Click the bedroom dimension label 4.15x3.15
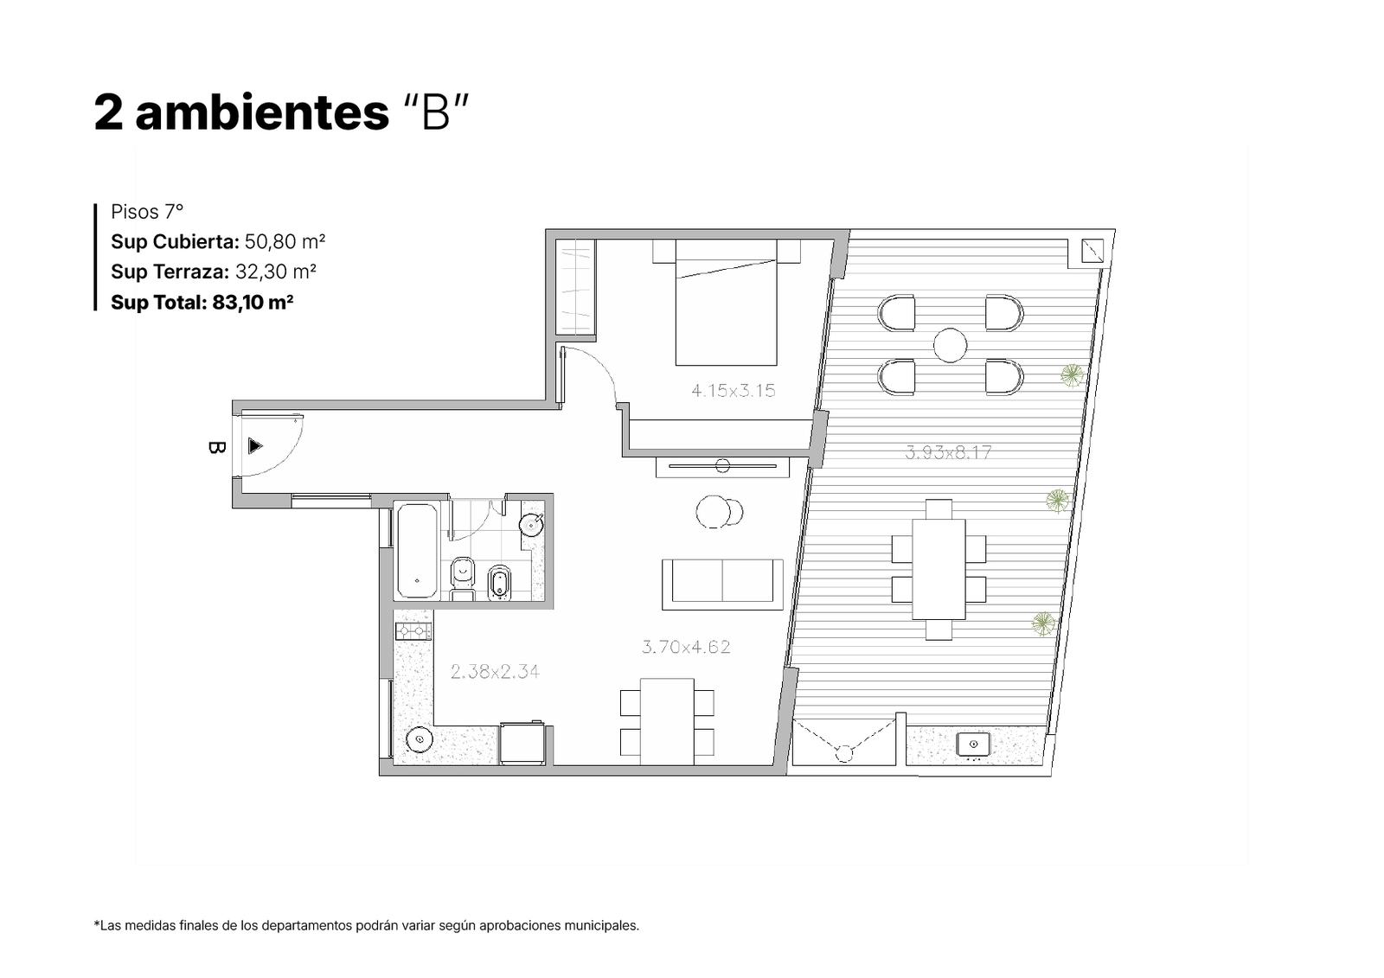tap(733, 391)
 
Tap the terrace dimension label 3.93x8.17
tap(948, 452)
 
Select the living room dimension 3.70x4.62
tap(686, 647)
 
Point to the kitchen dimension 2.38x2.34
tap(495, 671)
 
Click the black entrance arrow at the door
tap(255, 445)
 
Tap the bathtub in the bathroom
tap(417, 552)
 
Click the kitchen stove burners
tap(413, 630)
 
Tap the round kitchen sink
tap(420, 739)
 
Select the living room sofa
tap(722, 585)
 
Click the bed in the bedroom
tap(726, 302)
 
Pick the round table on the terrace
tap(950, 345)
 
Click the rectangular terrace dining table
tap(939, 569)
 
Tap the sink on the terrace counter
tap(973, 745)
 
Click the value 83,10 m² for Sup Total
tap(253, 302)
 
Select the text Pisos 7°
tap(147, 212)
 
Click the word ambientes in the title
tap(262, 113)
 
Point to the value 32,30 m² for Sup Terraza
tap(276, 272)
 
